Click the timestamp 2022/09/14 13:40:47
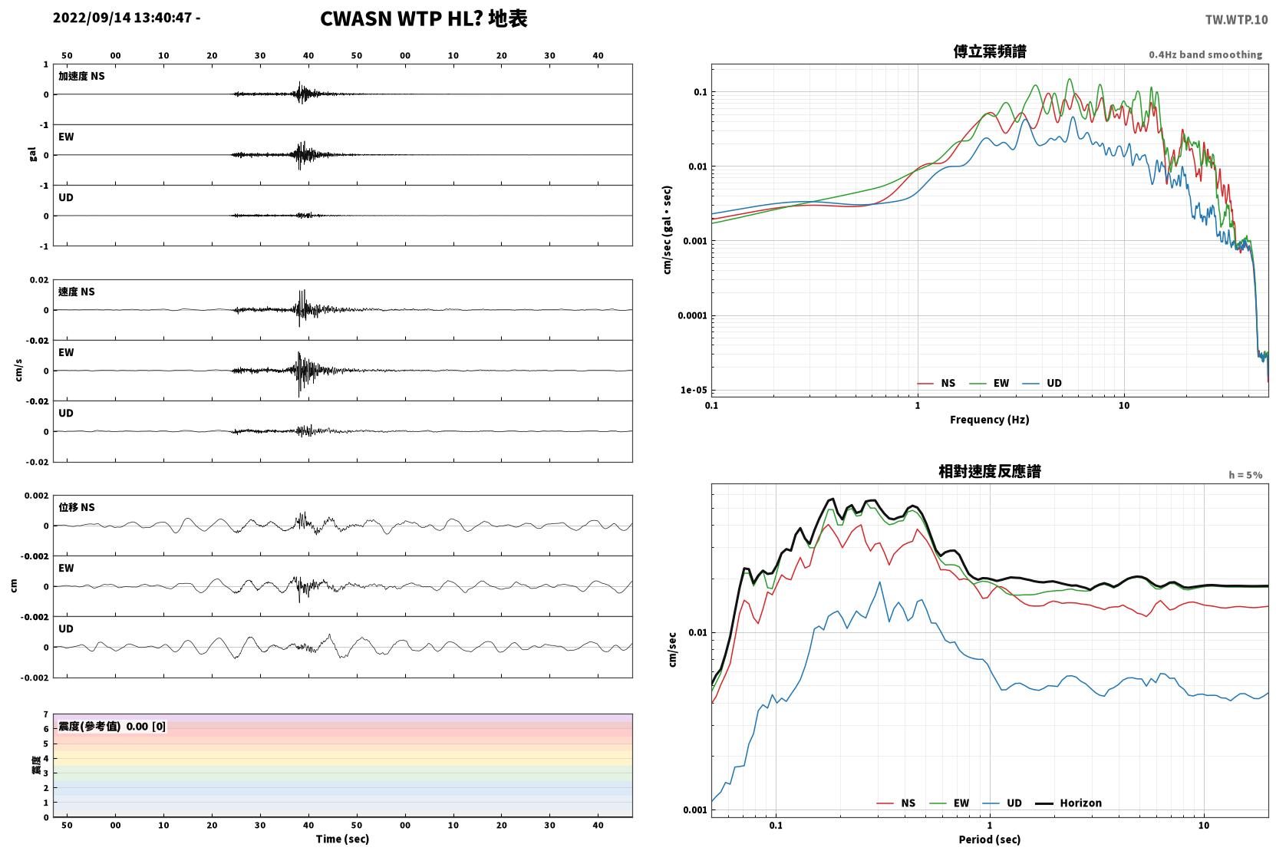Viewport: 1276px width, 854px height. point(122,18)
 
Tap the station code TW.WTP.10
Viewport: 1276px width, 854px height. point(1236,20)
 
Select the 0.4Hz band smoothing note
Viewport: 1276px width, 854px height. point(1205,54)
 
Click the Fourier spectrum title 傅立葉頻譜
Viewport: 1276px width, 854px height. point(990,52)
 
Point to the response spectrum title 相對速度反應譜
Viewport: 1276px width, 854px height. point(990,472)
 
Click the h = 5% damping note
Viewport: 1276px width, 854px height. point(1245,475)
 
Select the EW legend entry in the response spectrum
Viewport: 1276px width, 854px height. point(949,803)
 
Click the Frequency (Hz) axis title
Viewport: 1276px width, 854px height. point(990,420)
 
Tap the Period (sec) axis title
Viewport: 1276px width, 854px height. point(990,839)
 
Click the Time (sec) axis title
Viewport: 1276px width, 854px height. point(342,839)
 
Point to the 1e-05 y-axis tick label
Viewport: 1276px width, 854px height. point(694,391)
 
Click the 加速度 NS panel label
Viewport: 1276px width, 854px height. point(81,76)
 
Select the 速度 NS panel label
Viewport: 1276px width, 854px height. point(76,292)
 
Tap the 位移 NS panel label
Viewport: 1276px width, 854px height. point(76,508)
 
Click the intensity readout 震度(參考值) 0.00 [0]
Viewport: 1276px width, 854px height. point(112,727)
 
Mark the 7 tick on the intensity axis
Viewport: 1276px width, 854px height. point(46,714)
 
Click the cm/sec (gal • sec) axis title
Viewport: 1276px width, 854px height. point(667,230)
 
